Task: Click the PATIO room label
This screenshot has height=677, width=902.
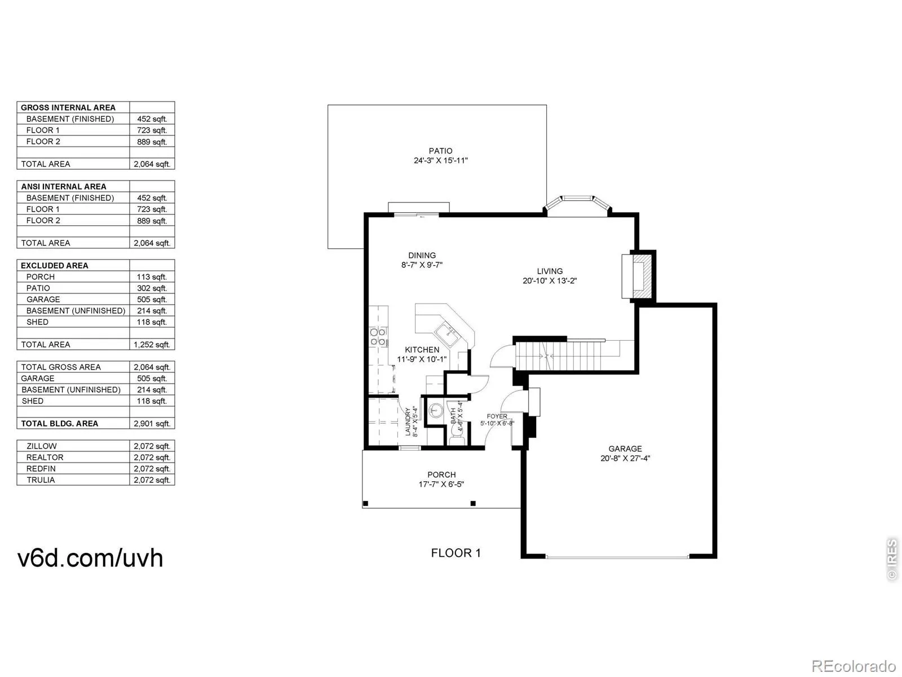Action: tap(440, 151)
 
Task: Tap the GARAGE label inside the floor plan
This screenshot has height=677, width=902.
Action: tap(625, 449)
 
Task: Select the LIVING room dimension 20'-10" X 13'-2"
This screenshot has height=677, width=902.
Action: tap(550, 280)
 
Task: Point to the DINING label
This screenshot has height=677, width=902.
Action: tap(422, 255)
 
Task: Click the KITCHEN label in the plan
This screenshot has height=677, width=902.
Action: tap(422, 350)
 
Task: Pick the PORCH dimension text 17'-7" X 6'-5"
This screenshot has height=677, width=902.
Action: tap(441, 484)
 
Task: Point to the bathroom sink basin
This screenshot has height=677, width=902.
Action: tap(435, 409)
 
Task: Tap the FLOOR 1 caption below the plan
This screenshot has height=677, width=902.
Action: tap(456, 553)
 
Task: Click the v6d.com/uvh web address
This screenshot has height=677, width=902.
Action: tap(91, 557)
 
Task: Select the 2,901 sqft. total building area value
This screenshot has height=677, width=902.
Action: tap(152, 424)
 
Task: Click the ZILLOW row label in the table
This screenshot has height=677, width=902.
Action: tap(42, 446)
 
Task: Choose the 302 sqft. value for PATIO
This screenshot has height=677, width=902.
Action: tap(152, 288)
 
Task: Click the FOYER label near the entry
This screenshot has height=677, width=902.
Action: tap(497, 416)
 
